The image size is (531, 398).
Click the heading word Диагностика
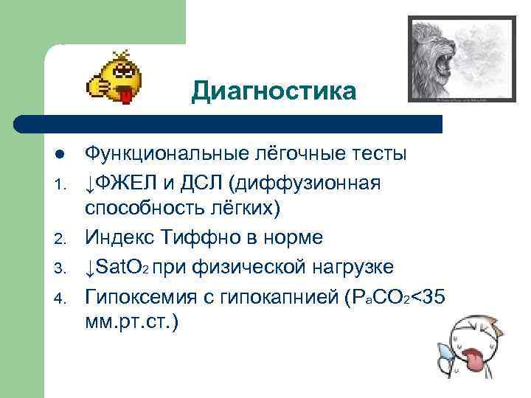(x=273, y=91)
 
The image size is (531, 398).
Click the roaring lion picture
(x=463, y=58)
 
